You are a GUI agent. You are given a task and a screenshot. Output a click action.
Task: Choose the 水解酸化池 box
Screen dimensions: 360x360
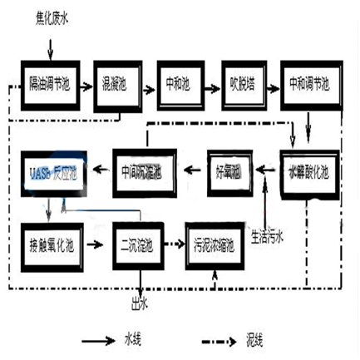point(309,171)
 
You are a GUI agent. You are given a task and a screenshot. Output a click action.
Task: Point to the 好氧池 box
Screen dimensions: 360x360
point(226,171)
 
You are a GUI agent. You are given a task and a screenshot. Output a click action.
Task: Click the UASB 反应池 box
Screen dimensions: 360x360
point(52,171)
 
